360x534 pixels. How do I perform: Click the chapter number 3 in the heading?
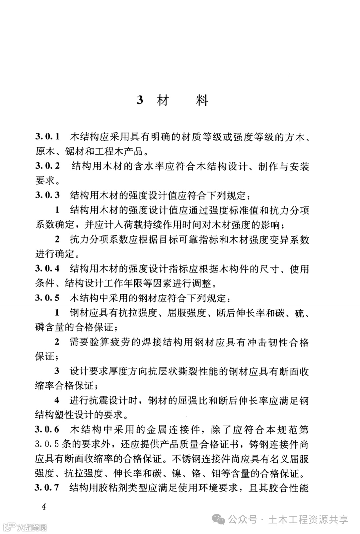[x=140, y=100]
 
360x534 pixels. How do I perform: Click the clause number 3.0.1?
[x=47, y=137]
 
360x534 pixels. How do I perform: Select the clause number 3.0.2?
[x=47, y=166]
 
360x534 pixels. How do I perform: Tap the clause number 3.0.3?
[x=47, y=195]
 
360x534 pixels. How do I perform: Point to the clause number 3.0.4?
[x=47, y=269]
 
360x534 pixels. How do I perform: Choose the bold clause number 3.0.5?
[x=47, y=298]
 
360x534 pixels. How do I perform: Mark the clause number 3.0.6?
[x=47, y=430]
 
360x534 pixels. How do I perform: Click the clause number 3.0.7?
[x=47, y=488]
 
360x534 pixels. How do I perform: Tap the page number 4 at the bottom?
[x=43, y=507]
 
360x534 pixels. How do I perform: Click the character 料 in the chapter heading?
[x=202, y=100]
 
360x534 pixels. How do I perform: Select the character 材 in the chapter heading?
[x=163, y=100]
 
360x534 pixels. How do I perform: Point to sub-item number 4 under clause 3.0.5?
[x=57, y=400]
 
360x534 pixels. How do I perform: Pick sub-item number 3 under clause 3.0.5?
[x=57, y=371]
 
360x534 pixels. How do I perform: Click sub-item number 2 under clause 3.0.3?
[x=57, y=239]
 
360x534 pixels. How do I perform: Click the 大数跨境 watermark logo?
[x=25, y=527]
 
